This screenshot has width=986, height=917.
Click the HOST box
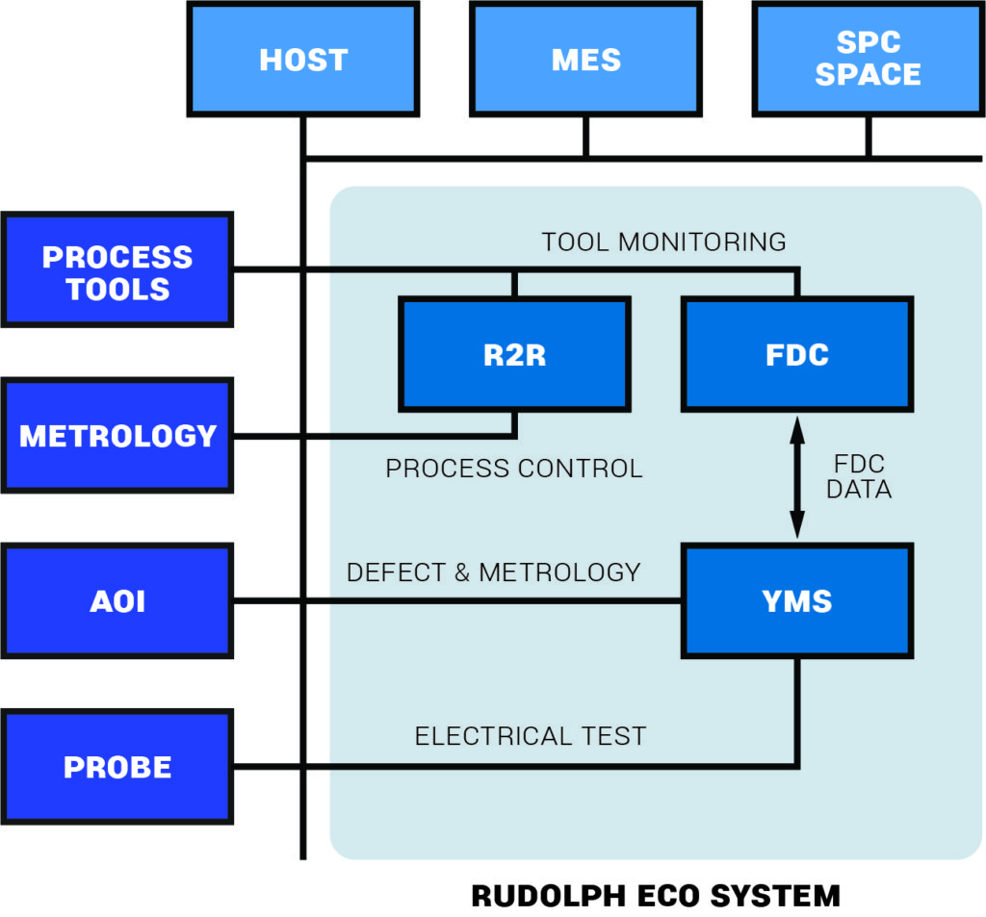[x=302, y=60]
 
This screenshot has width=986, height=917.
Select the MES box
[x=585, y=60]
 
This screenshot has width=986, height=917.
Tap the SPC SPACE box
[x=868, y=60]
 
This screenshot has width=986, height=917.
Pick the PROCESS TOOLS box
[x=117, y=272]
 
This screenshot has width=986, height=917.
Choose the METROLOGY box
[x=117, y=436]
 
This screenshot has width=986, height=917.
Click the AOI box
[x=117, y=601]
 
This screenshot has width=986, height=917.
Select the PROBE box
[x=117, y=767]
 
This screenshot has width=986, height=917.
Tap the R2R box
[x=514, y=355]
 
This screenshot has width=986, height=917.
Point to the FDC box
[x=797, y=355]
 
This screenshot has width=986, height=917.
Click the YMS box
[x=797, y=601]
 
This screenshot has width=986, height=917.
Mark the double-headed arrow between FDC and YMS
[x=797, y=478]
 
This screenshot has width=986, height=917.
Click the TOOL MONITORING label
[x=663, y=242]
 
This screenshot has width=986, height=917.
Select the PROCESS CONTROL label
[x=514, y=469]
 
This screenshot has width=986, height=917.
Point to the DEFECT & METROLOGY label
[x=493, y=572]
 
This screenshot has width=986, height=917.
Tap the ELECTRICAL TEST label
[x=531, y=736]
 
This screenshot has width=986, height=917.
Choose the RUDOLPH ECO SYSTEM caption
[x=655, y=896]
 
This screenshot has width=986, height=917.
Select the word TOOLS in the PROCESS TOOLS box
[x=117, y=289]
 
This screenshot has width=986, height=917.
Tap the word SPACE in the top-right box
[x=868, y=75]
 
